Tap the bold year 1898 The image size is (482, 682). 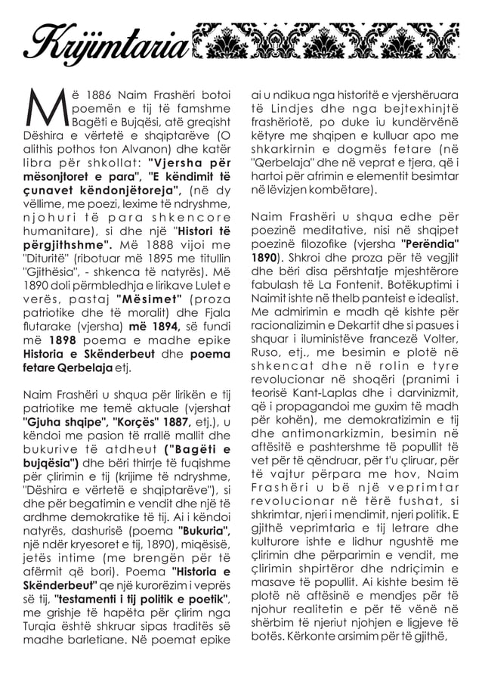click(60, 339)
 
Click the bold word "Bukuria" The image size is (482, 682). click(204, 530)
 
